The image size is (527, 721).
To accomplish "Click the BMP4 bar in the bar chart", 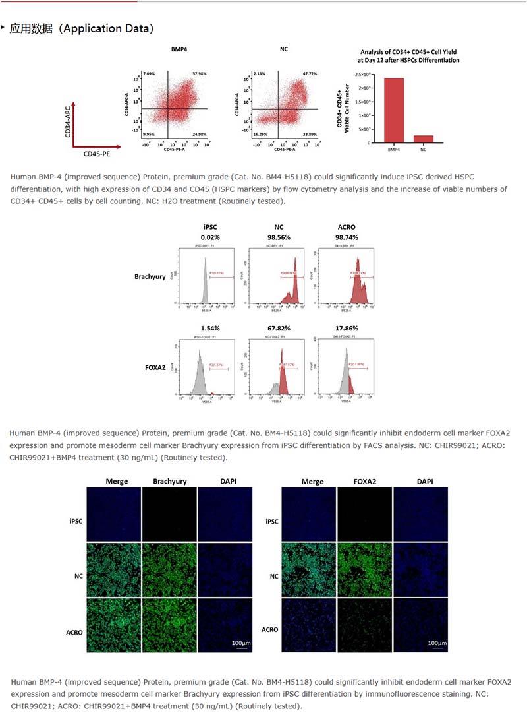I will (394, 110).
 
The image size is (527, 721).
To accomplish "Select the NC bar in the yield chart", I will (424, 139).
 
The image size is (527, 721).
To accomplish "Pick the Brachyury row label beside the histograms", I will (150, 277).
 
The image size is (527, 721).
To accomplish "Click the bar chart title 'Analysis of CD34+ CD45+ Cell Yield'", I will (408, 52).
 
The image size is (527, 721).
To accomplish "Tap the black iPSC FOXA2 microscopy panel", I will (364, 515).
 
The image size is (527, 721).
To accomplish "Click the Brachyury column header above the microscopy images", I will (169, 482).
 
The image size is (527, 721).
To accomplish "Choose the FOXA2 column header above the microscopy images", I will (364, 482).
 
